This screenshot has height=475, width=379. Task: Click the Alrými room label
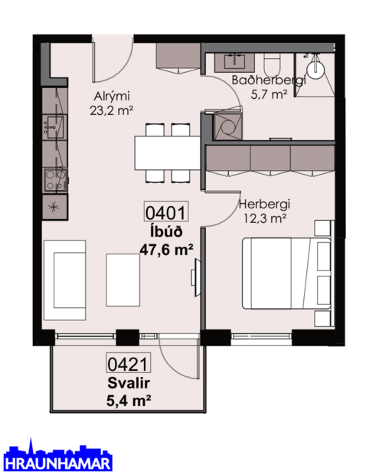click(x=112, y=96)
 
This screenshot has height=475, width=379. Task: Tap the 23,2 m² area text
click(x=112, y=110)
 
